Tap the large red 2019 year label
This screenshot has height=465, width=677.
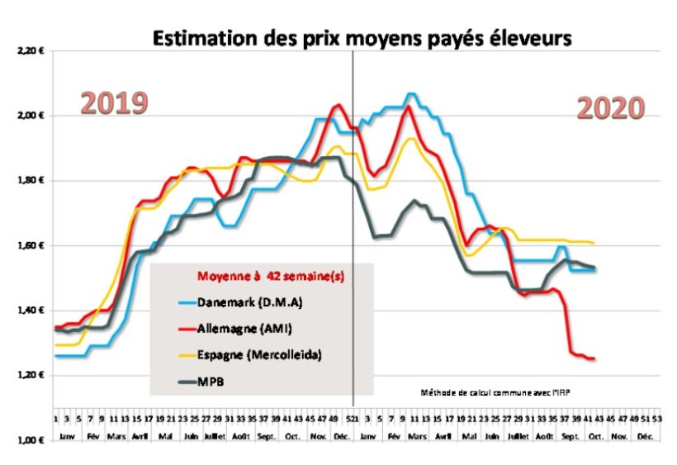pyautogui.click(x=113, y=103)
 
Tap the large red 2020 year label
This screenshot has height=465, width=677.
pyautogui.click(x=610, y=108)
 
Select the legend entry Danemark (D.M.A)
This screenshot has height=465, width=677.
pyautogui.click(x=248, y=301)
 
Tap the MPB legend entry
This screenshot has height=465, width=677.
pyautogui.click(x=211, y=382)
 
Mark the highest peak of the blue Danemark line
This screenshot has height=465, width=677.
pyautogui.click(x=411, y=94)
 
